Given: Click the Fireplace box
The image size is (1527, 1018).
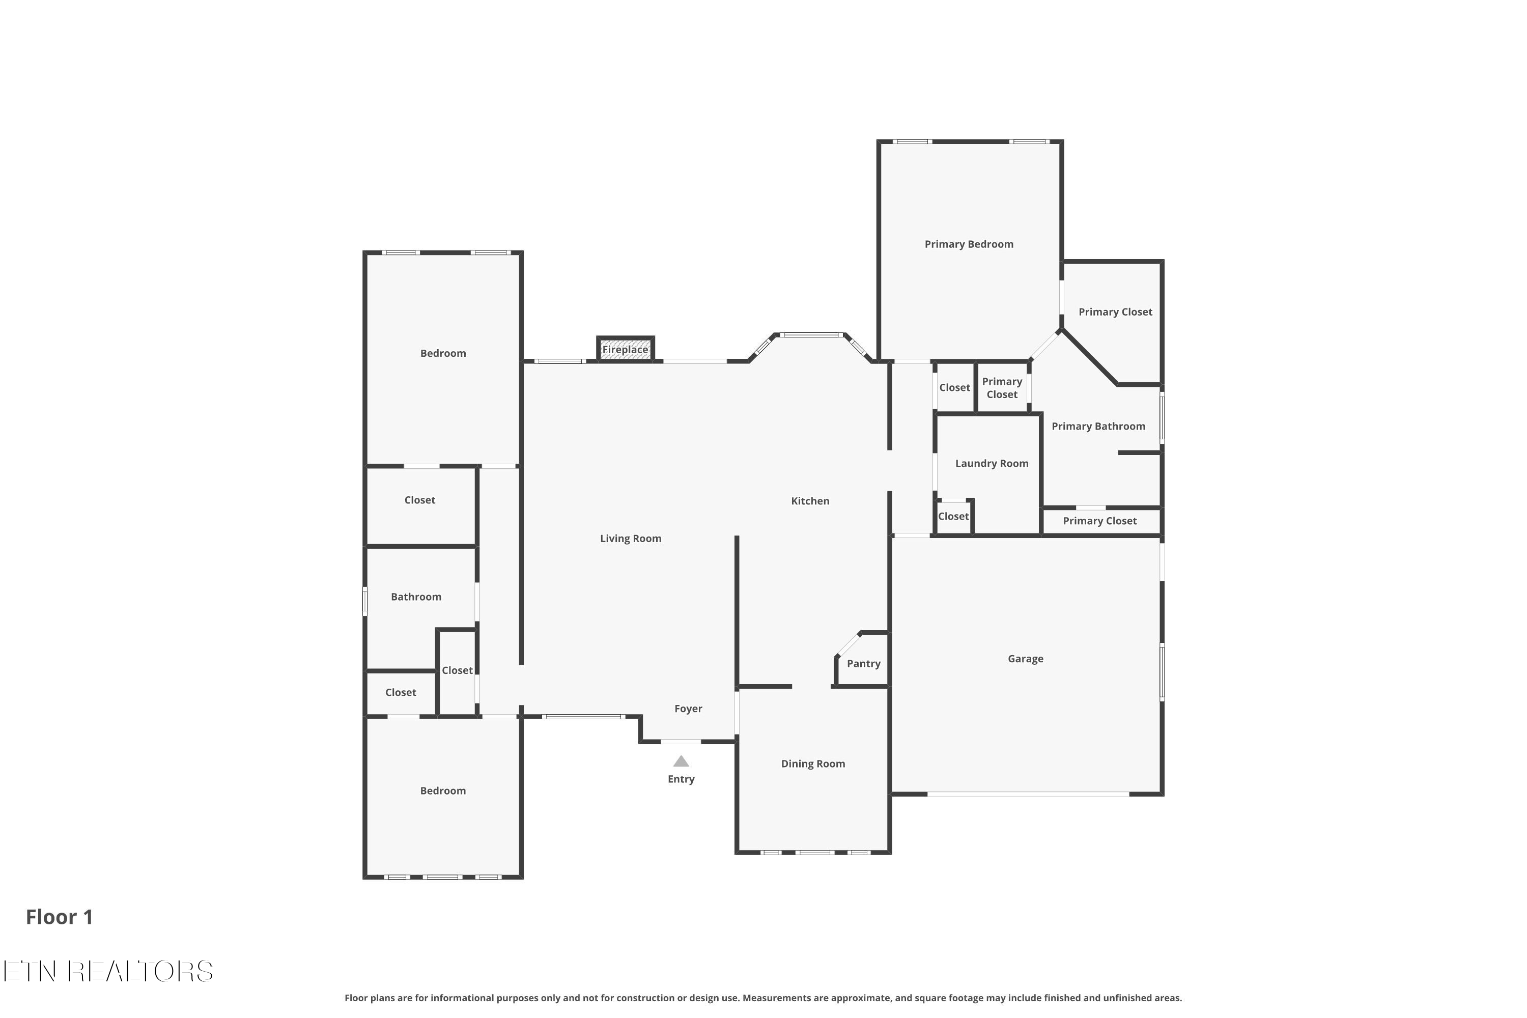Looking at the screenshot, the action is pyautogui.click(x=625, y=349).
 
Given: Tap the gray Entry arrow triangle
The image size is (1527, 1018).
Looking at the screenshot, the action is pyautogui.click(x=681, y=761).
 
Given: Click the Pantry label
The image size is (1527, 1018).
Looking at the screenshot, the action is pyautogui.click(x=863, y=664).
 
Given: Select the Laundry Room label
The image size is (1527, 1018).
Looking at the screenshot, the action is pyautogui.click(x=992, y=464).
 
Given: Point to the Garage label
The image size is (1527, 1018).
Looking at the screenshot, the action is pyautogui.click(x=1025, y=659).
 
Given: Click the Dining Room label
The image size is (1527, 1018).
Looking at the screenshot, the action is pyautogui.click(x=813, y=764).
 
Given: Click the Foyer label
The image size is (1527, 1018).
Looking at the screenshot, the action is pyautogui.click(x=688, y=709).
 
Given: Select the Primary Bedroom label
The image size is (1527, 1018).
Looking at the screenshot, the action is pyautogui.click(x=969, y=244).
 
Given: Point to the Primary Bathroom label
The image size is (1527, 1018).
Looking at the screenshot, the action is pyautogui.click(x=1098, y=427).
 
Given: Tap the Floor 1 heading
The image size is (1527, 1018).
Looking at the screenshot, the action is pyautogui.click(x=59, y=917).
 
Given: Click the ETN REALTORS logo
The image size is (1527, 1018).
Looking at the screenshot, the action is pyautogui.click(x=108, y=971).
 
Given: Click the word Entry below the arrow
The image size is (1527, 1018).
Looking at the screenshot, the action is pyautogui.click(x=681, y=779).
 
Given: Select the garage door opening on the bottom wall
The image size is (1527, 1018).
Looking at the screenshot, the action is pyautogui.click(x=1028, y=794).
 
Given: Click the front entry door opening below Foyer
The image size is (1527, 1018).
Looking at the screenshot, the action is pyautogui.click(x=681, y=742).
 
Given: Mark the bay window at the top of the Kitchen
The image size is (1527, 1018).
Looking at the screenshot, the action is pyautogui.click(x=811, y=335).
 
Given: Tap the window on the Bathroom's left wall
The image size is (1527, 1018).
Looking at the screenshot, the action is pyautogui.click(x=365, y=601).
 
